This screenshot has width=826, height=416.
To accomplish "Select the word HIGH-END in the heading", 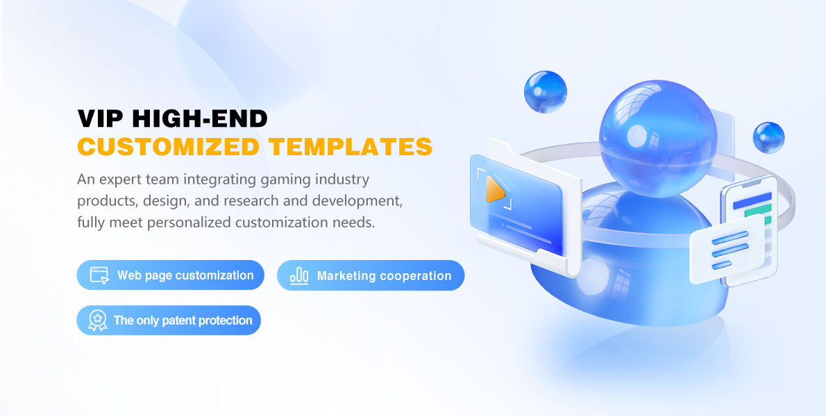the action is click(200, 119).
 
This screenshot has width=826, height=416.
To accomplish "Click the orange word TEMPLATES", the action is click(351, 146).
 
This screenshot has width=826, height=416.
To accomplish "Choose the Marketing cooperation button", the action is click(371, 275).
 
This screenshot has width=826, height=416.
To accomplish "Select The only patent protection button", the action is click(169, 320).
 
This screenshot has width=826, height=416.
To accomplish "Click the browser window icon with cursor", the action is click(99, 275).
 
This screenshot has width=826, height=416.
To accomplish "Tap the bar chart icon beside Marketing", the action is click(299, 275).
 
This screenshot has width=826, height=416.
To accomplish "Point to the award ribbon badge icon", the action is click(97, 320).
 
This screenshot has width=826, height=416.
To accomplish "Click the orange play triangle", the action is click(495, 189).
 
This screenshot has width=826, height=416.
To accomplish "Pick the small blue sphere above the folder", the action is click(545, 92).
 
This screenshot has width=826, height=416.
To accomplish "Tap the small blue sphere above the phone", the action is click(768, 138).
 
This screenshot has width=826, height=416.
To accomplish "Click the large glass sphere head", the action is click(658, 138).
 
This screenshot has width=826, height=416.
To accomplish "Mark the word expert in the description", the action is click(117, 180).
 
